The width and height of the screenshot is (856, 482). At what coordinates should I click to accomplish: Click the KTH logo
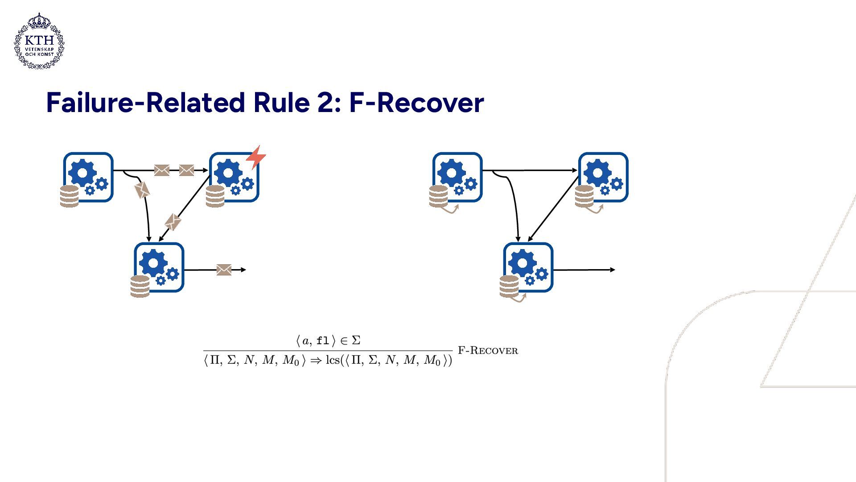39,41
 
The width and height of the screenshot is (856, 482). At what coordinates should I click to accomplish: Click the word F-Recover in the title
416,103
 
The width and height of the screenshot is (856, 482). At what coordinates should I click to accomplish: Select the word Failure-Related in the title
145,103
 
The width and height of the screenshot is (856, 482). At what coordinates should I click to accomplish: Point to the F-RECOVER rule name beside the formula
488,351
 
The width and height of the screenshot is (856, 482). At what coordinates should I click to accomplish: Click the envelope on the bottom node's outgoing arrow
224,270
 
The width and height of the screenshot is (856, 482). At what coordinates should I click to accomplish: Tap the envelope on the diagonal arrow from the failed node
173,222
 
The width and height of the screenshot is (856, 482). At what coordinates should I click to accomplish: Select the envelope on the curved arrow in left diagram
142,190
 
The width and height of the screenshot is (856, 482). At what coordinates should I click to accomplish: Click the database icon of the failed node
215,196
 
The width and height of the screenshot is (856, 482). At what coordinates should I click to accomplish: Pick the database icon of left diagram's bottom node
140,286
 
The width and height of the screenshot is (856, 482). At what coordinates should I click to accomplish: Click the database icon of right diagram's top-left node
438,196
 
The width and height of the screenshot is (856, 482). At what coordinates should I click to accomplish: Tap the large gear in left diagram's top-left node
82,172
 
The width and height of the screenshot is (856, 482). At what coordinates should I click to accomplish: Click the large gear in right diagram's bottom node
522,263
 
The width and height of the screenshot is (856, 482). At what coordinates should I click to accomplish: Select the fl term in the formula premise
322,341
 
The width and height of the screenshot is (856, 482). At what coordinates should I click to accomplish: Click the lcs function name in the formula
333,360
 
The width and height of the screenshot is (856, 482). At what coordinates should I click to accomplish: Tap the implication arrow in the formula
316,361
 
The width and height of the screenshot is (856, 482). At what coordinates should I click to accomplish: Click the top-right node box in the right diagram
603,177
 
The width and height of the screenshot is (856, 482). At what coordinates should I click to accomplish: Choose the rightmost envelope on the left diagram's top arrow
186,170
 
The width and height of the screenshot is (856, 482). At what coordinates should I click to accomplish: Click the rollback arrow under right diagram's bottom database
519,299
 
